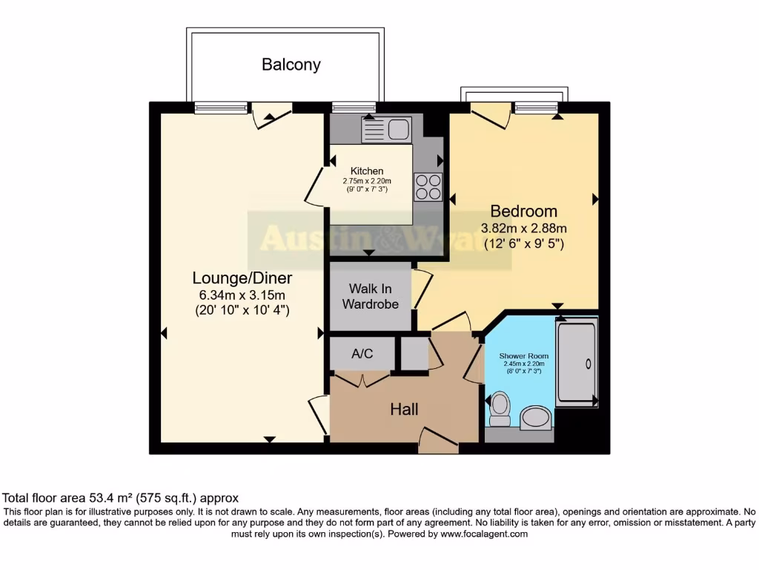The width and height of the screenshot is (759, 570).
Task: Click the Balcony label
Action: point(291,65)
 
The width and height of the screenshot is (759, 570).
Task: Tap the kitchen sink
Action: point(385,129)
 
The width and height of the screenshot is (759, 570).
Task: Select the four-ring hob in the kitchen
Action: point(428,186)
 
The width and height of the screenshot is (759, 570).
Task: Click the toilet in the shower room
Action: point(500,408)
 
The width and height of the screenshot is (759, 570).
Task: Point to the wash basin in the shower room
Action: point(535,419)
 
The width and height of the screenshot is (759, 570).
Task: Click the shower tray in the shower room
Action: point(577,362)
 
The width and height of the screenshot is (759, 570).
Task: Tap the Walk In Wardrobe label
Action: point(370,296)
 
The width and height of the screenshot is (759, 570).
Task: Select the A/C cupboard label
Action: point(362,354)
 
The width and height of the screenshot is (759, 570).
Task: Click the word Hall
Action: point(405,410)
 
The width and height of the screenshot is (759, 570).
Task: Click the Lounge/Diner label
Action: point(242,278)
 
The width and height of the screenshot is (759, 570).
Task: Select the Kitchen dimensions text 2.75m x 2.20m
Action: point(366,181)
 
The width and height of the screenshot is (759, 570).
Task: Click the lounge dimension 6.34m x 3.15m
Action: point(242,295)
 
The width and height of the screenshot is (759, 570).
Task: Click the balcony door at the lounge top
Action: point(271,115)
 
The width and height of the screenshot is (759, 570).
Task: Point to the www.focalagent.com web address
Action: point(483,534)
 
